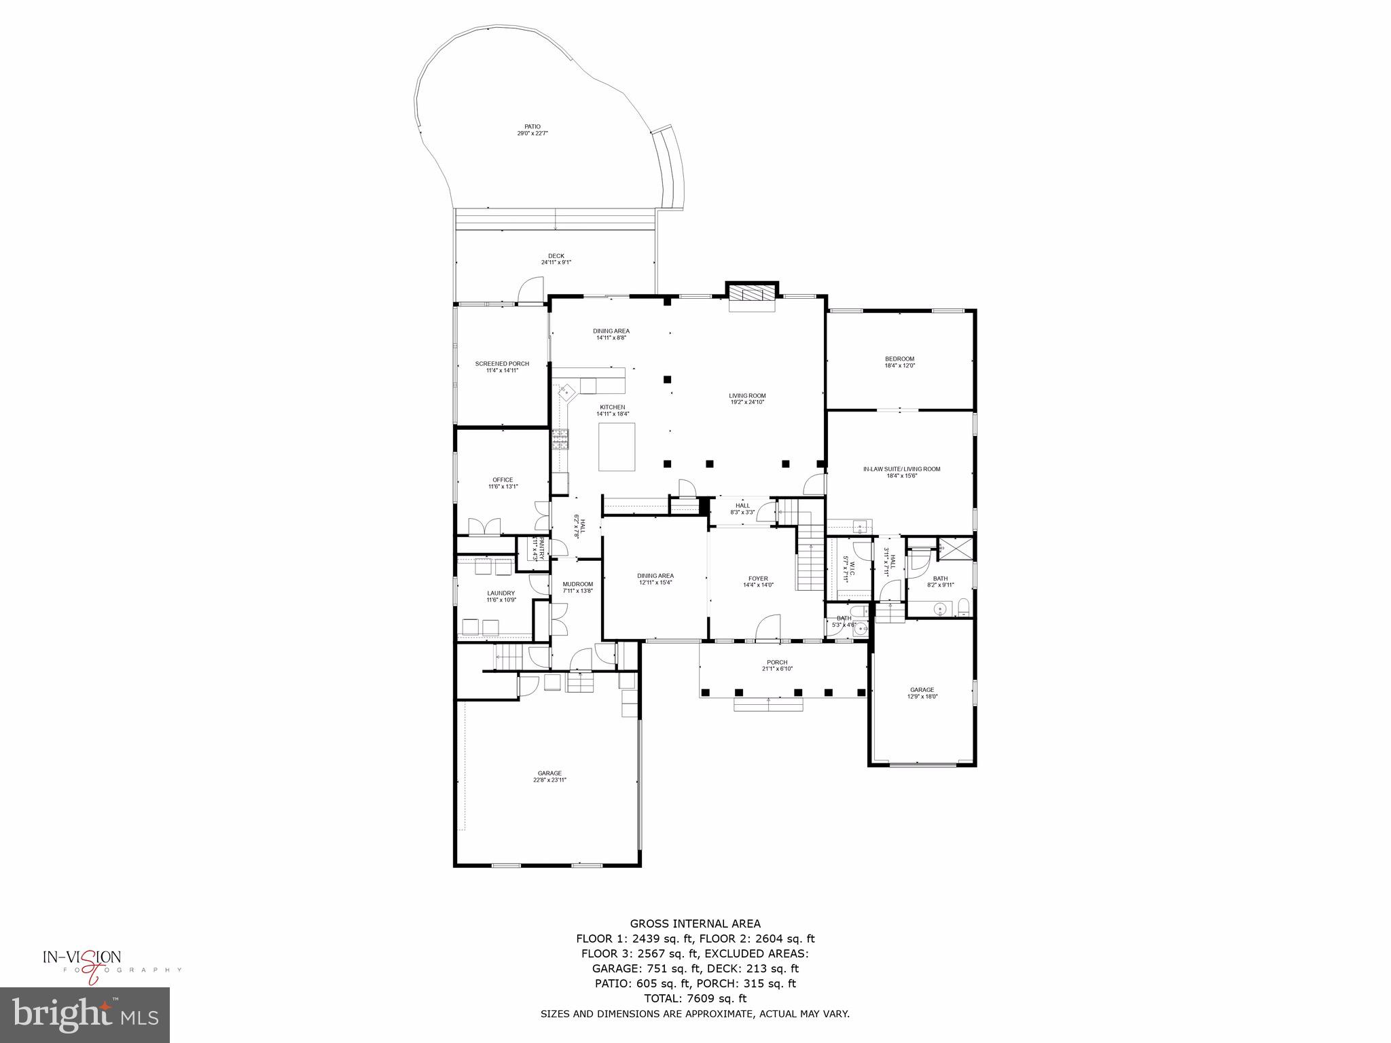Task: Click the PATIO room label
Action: point(532,130)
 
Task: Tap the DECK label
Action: point(556,259)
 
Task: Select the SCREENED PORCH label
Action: point(502,367)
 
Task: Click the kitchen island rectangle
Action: point(617,446)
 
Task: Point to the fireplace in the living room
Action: point(752,297)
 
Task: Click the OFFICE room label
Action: point(503,483)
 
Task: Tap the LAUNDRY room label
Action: point(501,596)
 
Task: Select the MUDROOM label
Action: point(577,587)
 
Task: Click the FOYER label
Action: point(757,582)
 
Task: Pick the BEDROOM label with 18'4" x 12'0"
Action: point(899,362)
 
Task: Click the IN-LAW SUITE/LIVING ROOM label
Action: point(901,472)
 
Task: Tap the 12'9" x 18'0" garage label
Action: point(922,693)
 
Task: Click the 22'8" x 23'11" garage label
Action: point(549,776)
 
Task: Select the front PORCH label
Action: point(777,665)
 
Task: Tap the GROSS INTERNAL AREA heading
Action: point(695,923)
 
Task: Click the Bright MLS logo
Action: point(85,1015)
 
